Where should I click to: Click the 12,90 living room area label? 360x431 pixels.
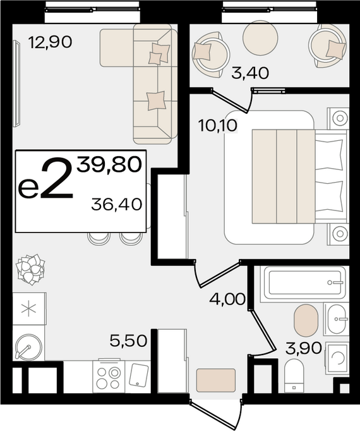pyautogui.click(x=51, y=42)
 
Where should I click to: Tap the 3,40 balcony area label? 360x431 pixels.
pyautogui.click(x=250, y=73)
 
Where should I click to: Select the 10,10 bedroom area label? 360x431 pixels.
pyautogui.click(x=218, y=126)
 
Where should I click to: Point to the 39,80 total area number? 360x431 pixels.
pyautogui.click(x=109, y=165)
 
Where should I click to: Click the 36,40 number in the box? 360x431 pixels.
pyautogui.click(x=116, y=205)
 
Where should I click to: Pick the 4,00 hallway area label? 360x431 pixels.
pyautogui.click(x=227, y=299)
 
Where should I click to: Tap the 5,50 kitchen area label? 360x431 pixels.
pyautogui.click(x=128, y=341)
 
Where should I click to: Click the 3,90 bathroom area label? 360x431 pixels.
pyautogui.click(x=303, y=348)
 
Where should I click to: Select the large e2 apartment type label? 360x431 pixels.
pyautogui.click(x=46, y=178)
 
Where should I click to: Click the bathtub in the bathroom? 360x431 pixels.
pyautogui.click(x=304, y=282)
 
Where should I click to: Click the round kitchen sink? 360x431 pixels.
pyautogui.click(x=28, y=346)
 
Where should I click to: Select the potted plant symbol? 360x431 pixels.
pyautogui.click(x=30, y=269)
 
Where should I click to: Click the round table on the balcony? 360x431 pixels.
pyautogui.click(x=260, y=38)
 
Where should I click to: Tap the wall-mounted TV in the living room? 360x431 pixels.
pyautogui.click(x=17, y=84)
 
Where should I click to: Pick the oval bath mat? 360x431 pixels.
pyautogui.click(x=306, y=320)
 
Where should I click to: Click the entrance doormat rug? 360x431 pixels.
pyautogui.click(x=216, y=380)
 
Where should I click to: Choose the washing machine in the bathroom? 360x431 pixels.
pyautogui.click(x=337, y=358)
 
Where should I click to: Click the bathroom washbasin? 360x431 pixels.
pyautogui.click(x=337, y=319)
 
